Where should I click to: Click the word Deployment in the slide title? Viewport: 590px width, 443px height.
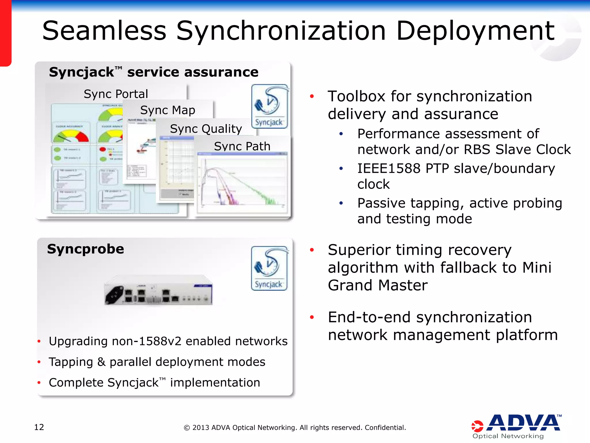(x=475, y=31)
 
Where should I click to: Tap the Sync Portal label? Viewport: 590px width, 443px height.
(x=116, y=94)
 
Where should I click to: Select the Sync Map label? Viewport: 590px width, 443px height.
(x=168, y=110)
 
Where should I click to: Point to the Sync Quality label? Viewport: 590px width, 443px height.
(x=206, y=129)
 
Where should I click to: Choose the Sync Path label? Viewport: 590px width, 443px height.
(x=242, y=146)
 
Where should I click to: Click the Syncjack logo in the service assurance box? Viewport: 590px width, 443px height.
(x=269, y=106)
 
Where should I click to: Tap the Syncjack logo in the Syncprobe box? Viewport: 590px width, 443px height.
(x=269, y=268)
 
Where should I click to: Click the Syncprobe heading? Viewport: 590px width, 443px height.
(x=86, y=249)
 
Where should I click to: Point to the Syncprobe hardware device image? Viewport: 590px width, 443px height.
(x=158, y=291)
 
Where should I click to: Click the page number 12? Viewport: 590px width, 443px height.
(x=39, y=427)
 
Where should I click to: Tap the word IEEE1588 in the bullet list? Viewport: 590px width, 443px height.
(x=389, y=168)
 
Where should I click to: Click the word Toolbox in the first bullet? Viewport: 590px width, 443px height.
(x=357, y=96)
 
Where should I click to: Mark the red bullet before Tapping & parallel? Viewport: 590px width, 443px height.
(x=39, y=362)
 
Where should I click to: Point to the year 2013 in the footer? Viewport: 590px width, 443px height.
(x=201, y=427)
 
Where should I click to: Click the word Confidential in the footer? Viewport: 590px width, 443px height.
(x=385, y=427)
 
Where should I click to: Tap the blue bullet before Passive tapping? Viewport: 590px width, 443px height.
(x=341, y=203)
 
